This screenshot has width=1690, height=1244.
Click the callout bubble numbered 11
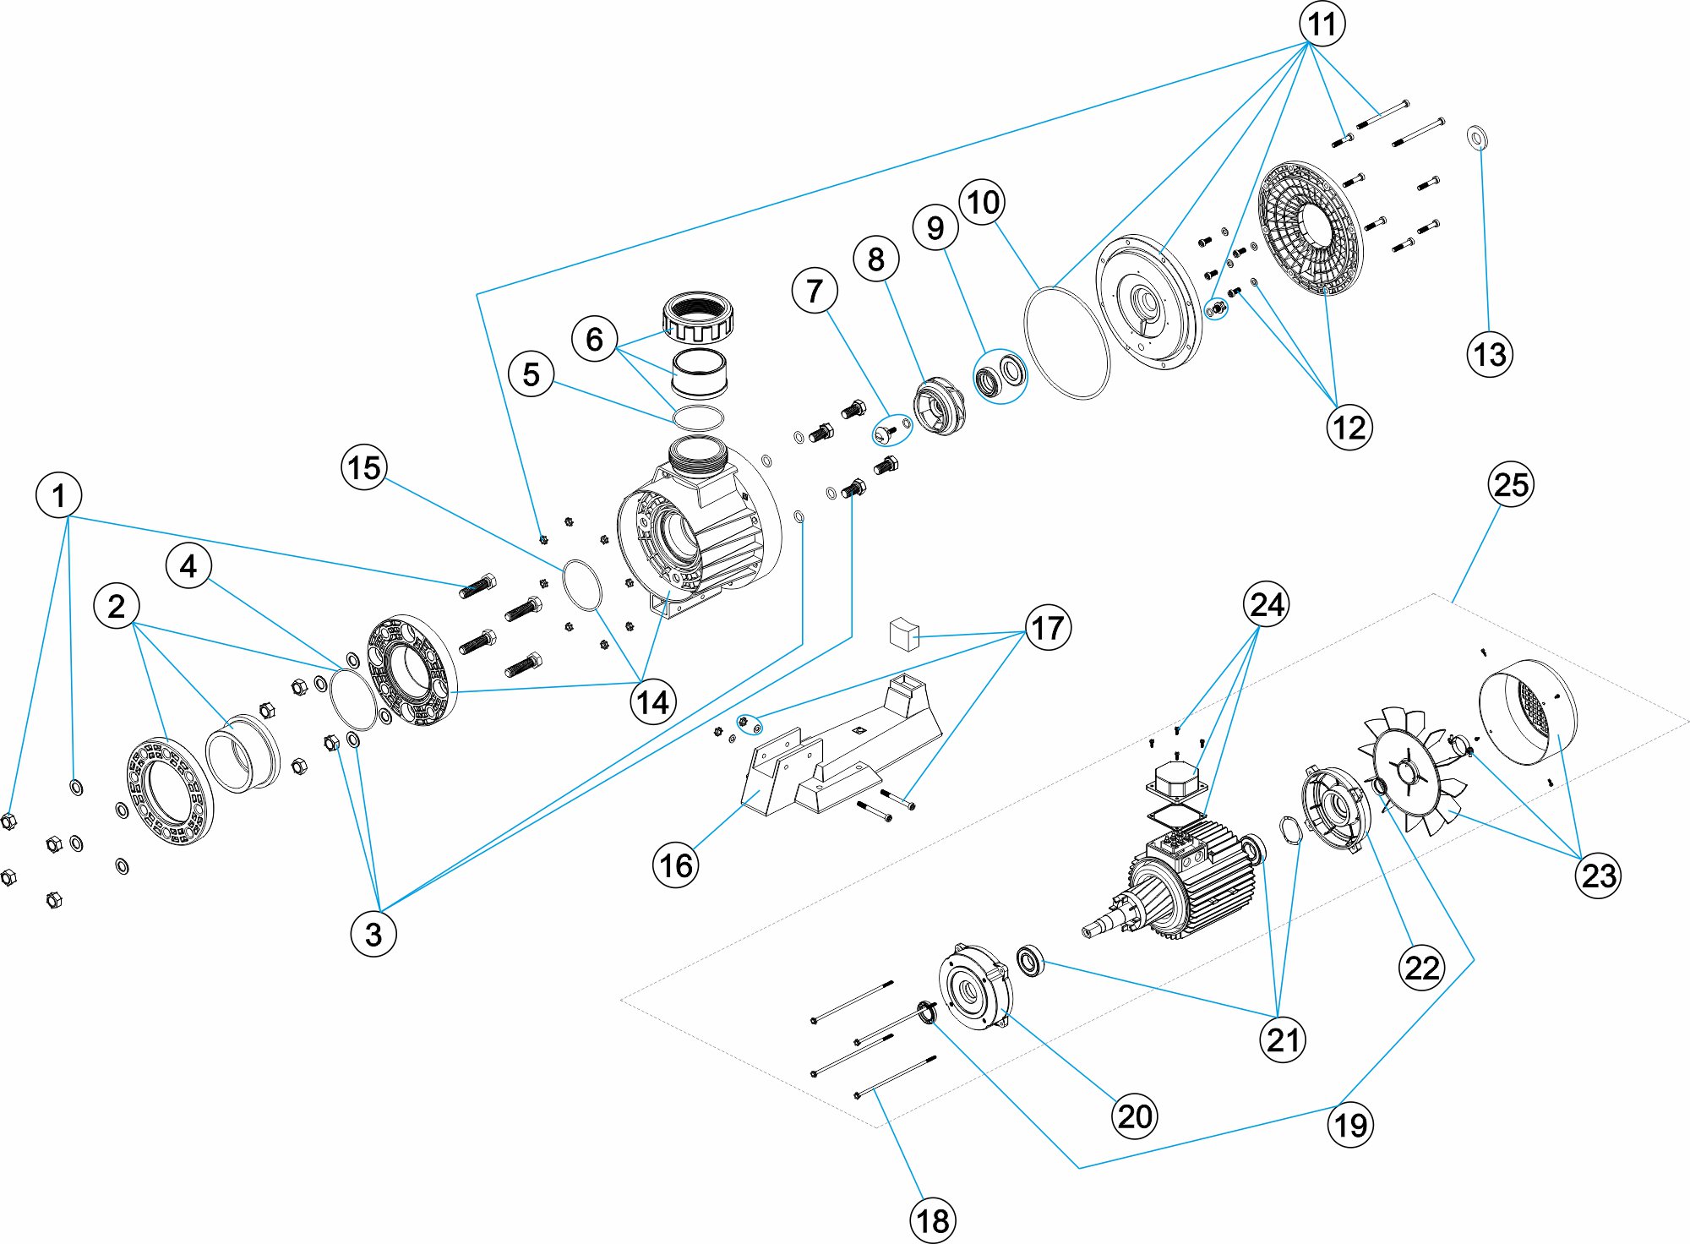coord(1322,24)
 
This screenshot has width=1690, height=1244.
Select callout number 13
coord(1490,354)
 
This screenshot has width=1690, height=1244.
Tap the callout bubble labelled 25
coord(1511,484)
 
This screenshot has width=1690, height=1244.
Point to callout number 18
coord(933,1220)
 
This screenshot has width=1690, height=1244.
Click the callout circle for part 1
coord(58,495)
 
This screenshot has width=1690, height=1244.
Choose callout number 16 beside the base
coord(676,865)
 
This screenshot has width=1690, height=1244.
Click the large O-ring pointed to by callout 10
coord(1066,342)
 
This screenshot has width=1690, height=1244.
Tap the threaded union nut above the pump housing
coord(698,316)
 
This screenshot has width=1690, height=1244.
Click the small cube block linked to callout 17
coord(904,634)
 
